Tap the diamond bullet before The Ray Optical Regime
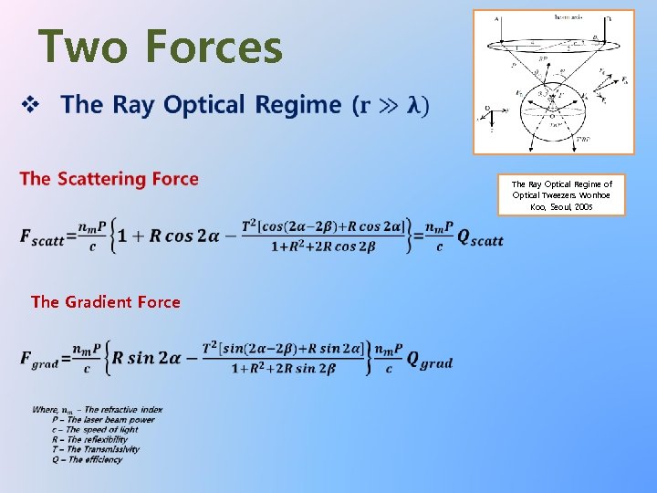coord(30,105)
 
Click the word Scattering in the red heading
coord(102,178)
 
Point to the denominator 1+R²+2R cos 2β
coord(325,246)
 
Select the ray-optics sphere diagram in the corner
coord(554,82)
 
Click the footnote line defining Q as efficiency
coord(89,459)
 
